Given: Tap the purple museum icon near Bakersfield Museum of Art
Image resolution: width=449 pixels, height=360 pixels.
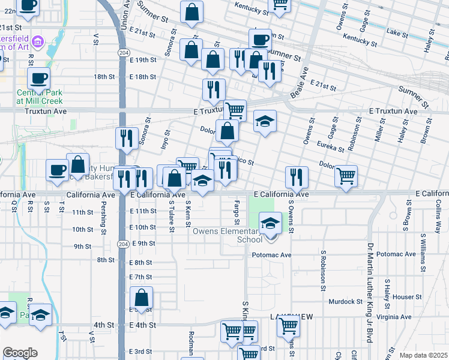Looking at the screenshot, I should pyautogui.click(x=38, y=41).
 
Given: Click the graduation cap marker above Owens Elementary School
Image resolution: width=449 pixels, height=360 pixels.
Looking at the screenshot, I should pyautogui.click(x=270, y=224).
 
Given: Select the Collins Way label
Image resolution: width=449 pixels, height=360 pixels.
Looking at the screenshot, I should pyautogui.click(x=438, y=217).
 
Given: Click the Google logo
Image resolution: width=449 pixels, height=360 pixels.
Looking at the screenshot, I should pyautogui.click(x=20, y=353).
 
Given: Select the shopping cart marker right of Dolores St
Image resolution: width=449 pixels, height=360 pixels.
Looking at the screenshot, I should pyautogui.click(x=346, y=176).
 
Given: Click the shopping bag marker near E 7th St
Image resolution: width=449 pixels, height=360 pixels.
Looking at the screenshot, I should pyautogui.click(x=141, y=297).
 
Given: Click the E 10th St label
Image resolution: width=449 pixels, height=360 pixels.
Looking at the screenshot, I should pyautogui.click(x=143, y=227).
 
